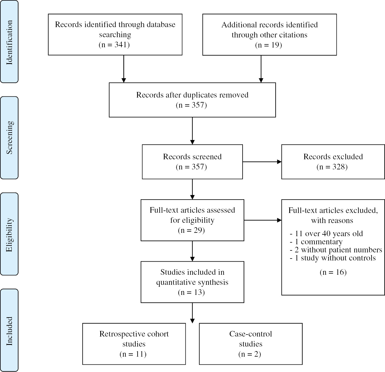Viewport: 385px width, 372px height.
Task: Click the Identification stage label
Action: tap(9, 42)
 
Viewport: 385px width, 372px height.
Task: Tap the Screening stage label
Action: tap(9, 138)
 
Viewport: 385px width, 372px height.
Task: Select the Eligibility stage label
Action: tap(9, 234)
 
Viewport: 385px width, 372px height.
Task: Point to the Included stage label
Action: tap(9, 330)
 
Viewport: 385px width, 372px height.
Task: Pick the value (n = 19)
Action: tap(269, 45)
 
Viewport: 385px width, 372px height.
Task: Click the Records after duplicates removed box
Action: tap(192, 100)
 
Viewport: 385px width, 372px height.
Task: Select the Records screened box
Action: tap(192, 162)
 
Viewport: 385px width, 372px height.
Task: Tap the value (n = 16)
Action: tap(333, 272)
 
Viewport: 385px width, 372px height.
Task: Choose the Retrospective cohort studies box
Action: tap(134, 344)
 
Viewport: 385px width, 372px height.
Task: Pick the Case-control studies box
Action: tap(250, 344)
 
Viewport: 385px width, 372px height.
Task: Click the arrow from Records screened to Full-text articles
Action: tap(192, 189)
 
